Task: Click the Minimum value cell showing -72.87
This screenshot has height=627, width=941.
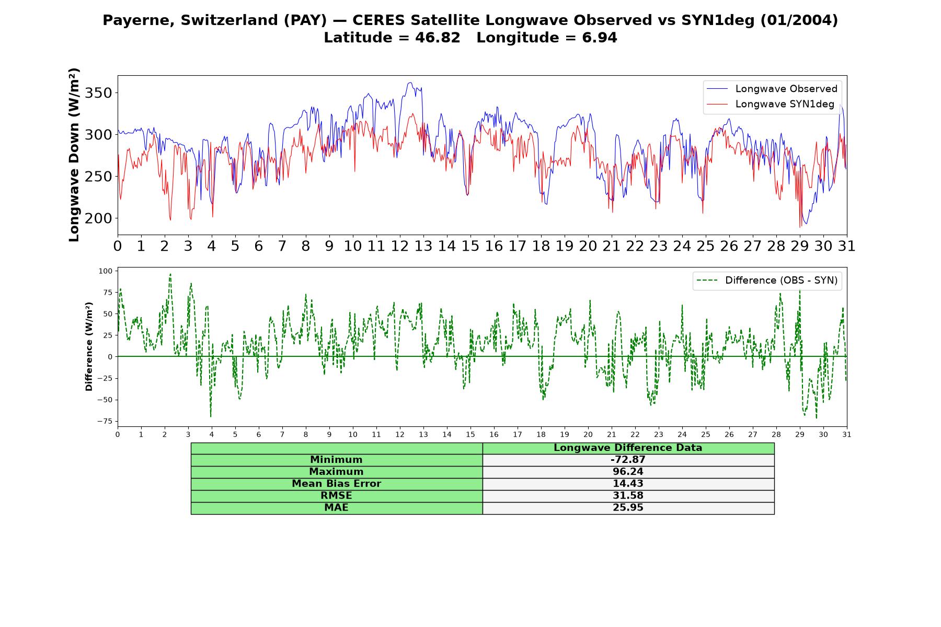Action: pyautogui.click(x=628, y=460)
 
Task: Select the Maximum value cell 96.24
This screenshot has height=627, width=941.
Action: pyautogui.click(x=628, y=472)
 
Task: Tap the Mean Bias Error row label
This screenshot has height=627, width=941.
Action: pyautogui.click(x=336, y=484)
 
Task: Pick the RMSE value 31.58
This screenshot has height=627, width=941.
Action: pyautogui.click(x=628, y=495)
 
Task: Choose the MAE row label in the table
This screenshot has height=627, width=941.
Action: pyautogui.click(x=336, y=507)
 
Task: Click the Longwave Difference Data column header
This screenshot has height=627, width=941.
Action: pyautogui.click(x=628, y=448)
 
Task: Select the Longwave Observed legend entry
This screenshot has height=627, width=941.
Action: pyautogui.click(x=772, y=89)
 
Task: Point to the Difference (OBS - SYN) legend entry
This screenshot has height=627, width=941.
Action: pyautogui.click(x=767, y=281)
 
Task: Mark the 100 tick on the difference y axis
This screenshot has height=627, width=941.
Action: pyautogui.click(x=105, y=271)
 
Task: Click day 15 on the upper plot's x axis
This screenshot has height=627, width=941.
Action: pyautogui.click(x=470, y=246)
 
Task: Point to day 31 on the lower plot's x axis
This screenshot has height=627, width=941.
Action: pyautogui.click(x=847, y=434)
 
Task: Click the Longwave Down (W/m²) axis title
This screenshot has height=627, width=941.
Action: pyautogui.click(x=74, y=155)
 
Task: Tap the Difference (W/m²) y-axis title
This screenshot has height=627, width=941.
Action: pyautogui.click(x=89, y=346)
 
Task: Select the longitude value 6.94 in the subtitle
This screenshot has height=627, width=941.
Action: pyautogui.click(x=600, y=38)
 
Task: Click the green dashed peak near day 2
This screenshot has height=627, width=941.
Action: pyautogui.click(x=170, y=274)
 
